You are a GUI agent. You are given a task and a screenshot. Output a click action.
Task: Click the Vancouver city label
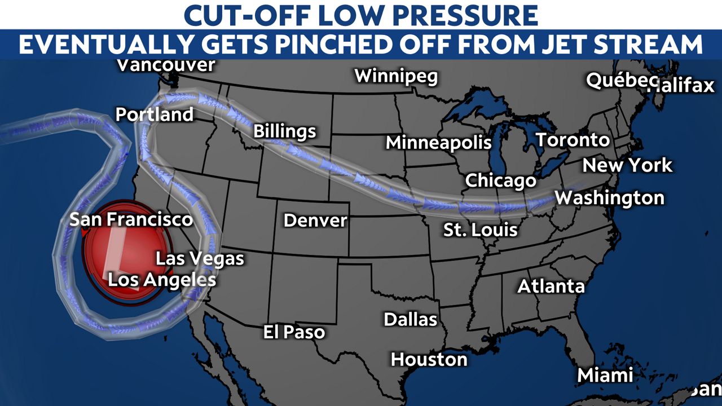pos(165,65)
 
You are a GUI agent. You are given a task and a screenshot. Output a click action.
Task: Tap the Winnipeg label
pos(396,76)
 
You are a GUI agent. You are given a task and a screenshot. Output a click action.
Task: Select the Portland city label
pos(155,114)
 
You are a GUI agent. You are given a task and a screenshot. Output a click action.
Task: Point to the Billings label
pos(284,131)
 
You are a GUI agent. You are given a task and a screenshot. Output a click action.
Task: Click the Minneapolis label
pos(438,143)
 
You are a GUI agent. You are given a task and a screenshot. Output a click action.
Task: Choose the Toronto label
pos(572,140)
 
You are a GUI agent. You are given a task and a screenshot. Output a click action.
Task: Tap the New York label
pos(627,165)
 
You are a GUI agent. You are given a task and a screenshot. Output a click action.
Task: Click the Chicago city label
pos(500,180)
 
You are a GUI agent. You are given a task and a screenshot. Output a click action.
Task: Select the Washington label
pos(609,198)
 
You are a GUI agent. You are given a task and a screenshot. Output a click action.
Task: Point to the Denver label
pos(315,220)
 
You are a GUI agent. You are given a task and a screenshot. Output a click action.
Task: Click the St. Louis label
pos(480,230)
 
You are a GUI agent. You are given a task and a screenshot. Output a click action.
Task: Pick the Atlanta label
pos(551,286)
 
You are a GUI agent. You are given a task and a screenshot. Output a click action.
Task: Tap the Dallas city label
pos(411,320)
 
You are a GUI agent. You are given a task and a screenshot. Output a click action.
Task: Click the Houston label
pos(429,359)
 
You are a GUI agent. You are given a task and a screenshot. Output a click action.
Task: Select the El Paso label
pos(294,332)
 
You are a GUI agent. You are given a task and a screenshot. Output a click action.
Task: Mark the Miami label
pos(605,375)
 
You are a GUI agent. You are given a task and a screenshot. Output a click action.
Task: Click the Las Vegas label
pos(200,259)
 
